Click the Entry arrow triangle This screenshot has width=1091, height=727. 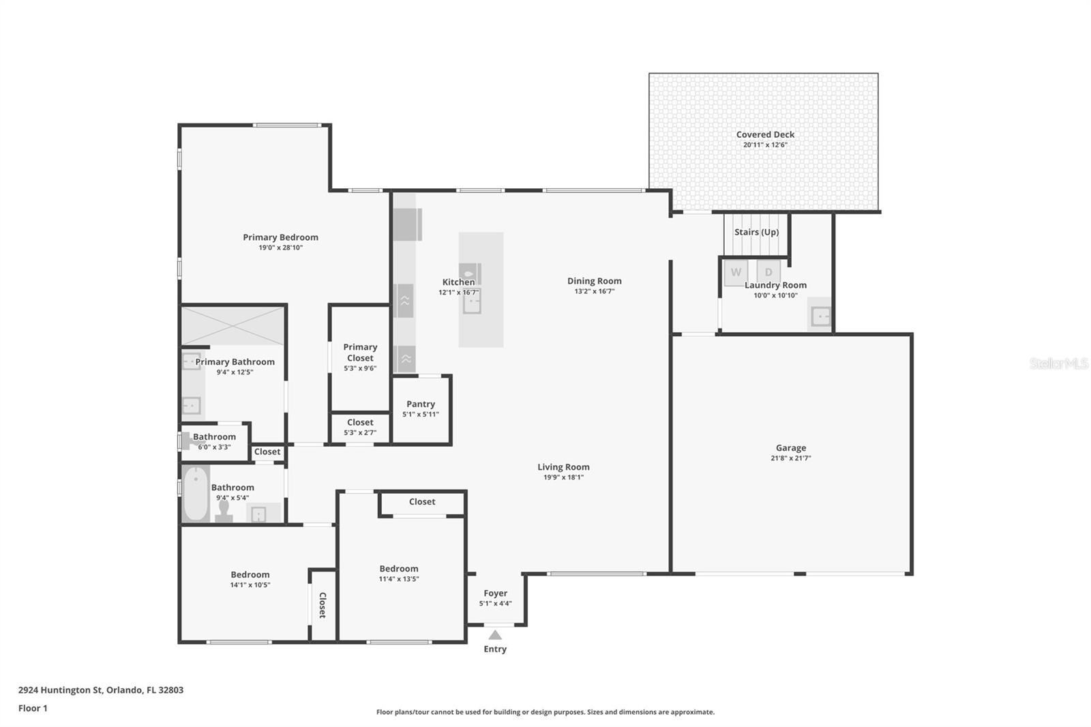coord(495,635)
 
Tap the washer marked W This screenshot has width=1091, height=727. coord(736,272)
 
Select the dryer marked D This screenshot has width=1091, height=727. coord(768,272)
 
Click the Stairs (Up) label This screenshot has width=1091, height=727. coord(756,232)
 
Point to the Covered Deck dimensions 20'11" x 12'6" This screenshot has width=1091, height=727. coord(765,145)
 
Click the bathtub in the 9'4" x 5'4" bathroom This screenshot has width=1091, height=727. coord(196,494)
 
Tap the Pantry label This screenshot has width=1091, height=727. coord(421,404)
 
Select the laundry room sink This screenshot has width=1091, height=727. coord(821,316)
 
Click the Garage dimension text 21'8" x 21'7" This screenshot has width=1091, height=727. coord(791,458)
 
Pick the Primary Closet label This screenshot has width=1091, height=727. coord(360,353)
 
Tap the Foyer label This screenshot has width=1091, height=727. coord(496,593)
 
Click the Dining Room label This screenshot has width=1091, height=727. coord(594,281)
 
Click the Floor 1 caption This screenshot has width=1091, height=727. coord(33,708)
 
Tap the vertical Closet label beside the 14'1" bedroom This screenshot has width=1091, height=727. coord(323,605)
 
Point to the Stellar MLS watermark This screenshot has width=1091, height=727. coord(1058,363)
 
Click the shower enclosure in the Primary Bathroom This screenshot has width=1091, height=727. coord(233,326)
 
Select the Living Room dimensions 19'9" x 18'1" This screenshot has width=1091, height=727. coord(563,477)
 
